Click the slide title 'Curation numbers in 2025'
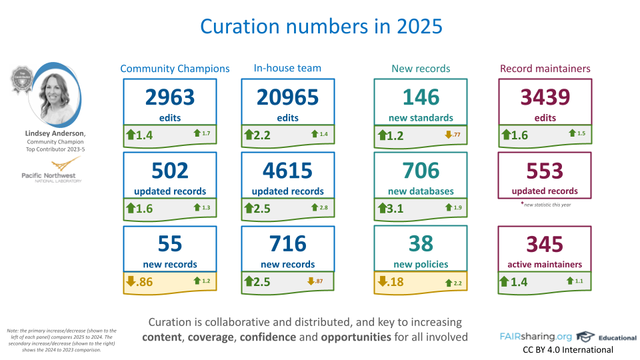click(x=321, y=26)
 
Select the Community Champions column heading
click(x=175, y=69)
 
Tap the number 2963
click(x=170, y=97)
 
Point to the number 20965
click(x=287, y=97)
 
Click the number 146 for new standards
click(x=421, y=97)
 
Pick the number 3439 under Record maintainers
click(x=545, y=97)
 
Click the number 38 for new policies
click(x=421, y=243)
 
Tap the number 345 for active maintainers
click(x=545, y=243)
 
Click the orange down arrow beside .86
click(x=131, y=281)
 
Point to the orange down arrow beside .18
click(x=382, y=281)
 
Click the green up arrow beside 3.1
click(x=382, y=208)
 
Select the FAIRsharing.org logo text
click(x=535, y=336)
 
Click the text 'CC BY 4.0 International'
click(x=567, y=349)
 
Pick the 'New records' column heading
click(x=421, y=69)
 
